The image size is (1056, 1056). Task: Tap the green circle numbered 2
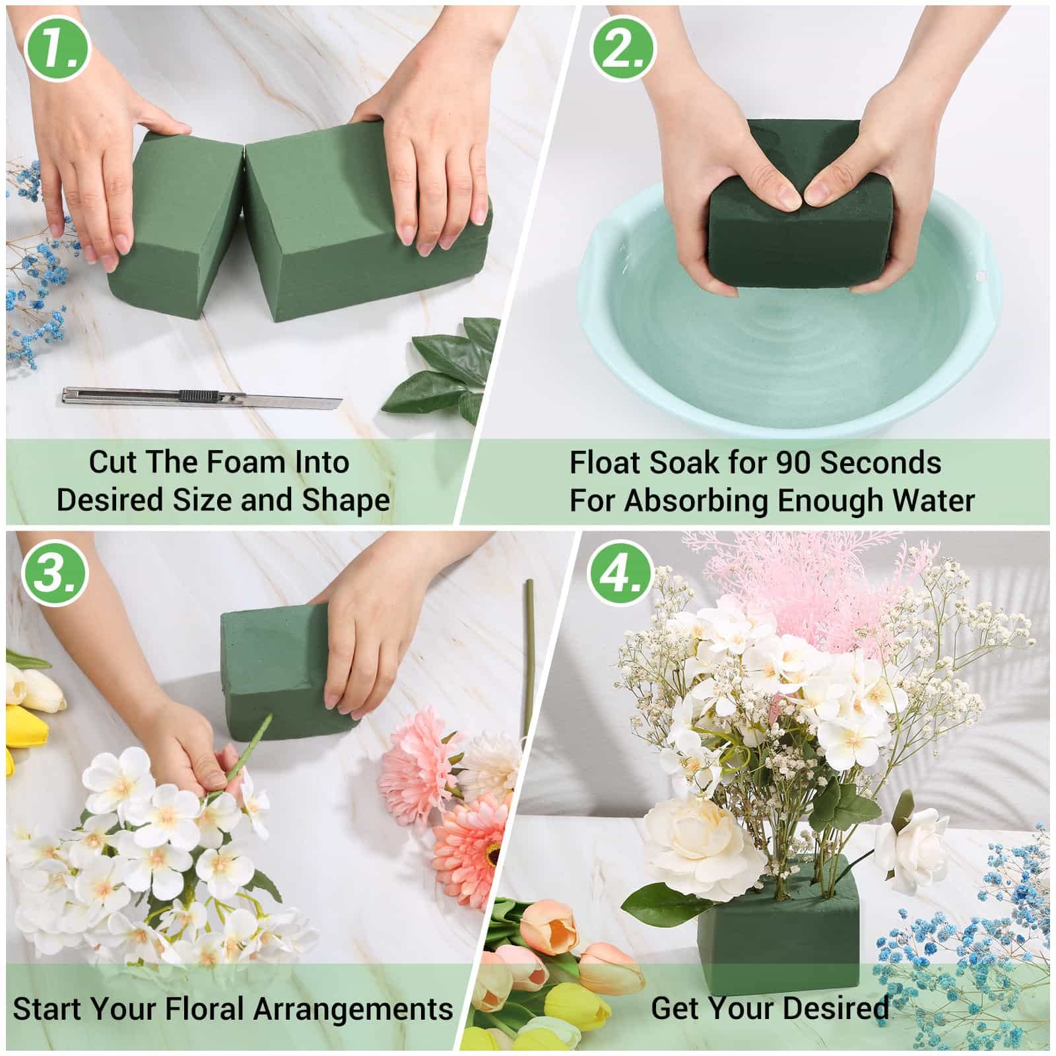(x=622, y=50)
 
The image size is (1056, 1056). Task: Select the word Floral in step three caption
(x=206, y=1009)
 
